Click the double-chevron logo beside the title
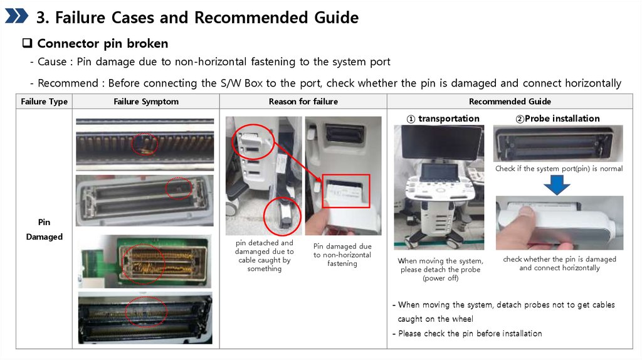point(16,16)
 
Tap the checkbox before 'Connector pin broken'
point(27,43)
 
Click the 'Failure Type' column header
point(45,102)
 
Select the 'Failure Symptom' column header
point(146,102)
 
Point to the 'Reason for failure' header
point(303,102)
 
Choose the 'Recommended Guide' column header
point(510,102)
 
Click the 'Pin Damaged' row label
point(45,230)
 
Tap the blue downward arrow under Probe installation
point(557,185)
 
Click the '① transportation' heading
point(443,119)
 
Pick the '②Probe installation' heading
point(557,119)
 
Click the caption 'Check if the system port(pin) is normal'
point(559,168)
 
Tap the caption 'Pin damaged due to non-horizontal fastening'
point(342,255)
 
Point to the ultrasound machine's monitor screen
point(442,142)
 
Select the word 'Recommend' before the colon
point(68,83)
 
